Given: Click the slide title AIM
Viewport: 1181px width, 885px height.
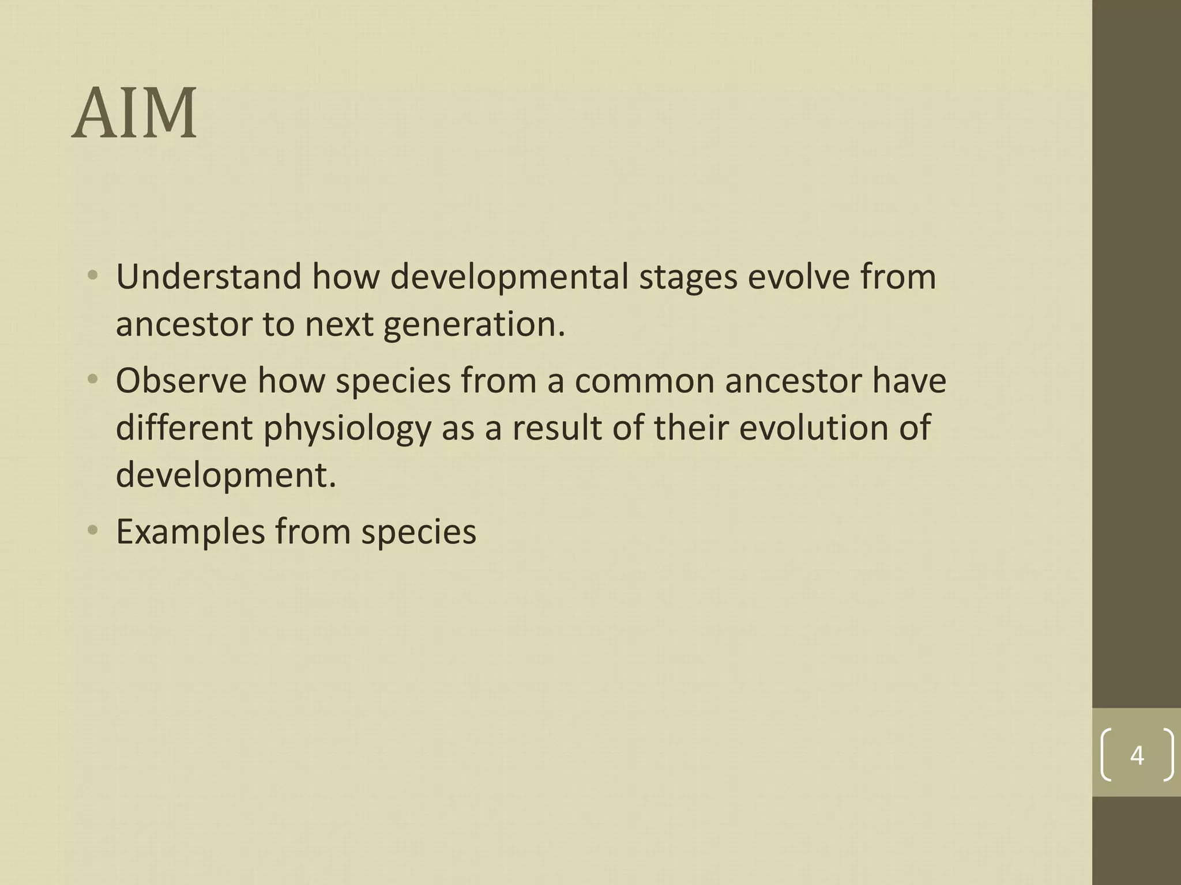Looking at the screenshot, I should coord(134,114).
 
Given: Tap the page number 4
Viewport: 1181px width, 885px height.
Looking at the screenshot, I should coord(1137,755).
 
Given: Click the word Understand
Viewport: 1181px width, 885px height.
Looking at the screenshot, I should coord(209,277).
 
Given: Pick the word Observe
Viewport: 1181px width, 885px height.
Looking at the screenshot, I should coord(181,381).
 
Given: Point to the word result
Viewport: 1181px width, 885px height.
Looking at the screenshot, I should coord(557,428).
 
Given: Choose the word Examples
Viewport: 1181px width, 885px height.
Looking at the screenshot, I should coord(190,532).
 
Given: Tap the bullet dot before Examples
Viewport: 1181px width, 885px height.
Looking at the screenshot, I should coord(93,531).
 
